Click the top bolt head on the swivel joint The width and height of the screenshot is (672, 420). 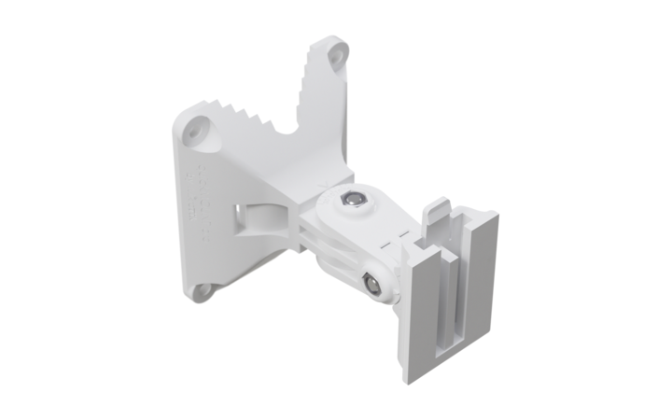(x=352, y=198)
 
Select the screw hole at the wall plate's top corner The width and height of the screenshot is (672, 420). (x=335, y=55)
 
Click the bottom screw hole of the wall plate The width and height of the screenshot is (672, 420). (x=202, y=291)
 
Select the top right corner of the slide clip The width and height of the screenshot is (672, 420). (x=494, y=217)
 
